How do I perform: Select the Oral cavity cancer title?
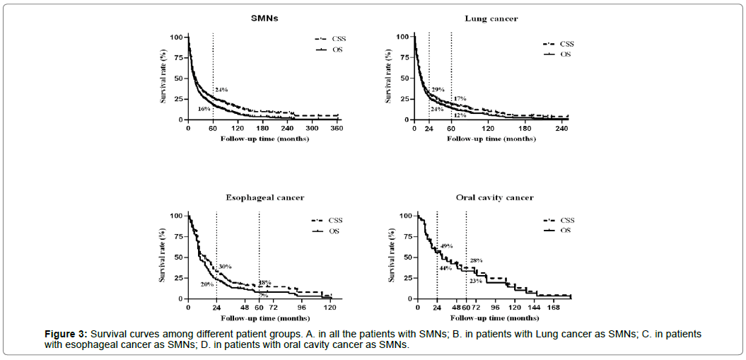[495, 197]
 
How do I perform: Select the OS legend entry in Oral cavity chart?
[564, 230]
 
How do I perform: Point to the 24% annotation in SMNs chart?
[221, 89]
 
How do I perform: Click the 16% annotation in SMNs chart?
[204, 110]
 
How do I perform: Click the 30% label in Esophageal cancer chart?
[226, 266]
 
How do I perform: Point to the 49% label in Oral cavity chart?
[446, 245]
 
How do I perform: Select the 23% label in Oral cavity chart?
[476, 281]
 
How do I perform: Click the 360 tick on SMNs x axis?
[337, 129]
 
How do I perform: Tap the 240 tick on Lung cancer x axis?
[562, 129]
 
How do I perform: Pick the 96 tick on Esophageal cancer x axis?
[301, 308]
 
